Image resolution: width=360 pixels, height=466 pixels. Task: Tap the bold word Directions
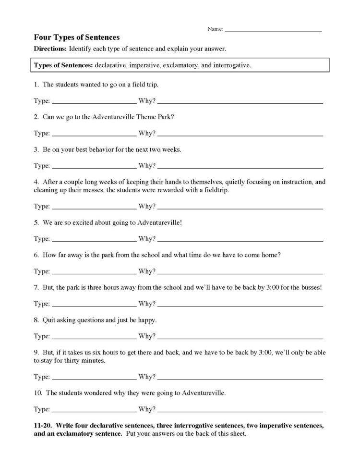point(50,49)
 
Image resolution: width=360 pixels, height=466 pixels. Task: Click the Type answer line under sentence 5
point(94,239)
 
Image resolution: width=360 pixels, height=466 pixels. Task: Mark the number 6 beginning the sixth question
point(36,255)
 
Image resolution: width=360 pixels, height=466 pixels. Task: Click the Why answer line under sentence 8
point(240,336)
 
